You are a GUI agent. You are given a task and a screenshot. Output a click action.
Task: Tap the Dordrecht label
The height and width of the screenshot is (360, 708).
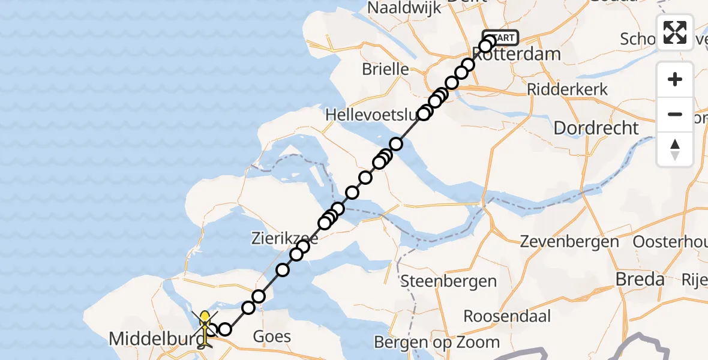coord(596,128)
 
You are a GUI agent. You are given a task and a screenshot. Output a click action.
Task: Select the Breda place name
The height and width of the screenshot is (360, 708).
coord(641,279)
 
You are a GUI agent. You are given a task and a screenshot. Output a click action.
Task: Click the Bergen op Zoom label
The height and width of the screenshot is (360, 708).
coord(437,342)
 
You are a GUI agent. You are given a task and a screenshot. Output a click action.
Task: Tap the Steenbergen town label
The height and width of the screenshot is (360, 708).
coord(448,280)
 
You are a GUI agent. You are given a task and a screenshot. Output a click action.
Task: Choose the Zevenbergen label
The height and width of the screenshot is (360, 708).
coord(569,242)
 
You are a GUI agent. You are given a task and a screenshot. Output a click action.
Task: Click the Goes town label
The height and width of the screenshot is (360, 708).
coord(272,336)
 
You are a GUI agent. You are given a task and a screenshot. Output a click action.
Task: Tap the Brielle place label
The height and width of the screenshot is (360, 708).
coord(385,69)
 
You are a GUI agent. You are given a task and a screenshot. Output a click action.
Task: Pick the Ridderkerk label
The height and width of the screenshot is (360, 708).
coord(567,89)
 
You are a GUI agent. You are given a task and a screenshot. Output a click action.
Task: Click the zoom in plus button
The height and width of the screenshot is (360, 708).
coord(675,80)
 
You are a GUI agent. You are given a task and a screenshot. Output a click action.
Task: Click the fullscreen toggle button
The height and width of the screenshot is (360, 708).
coord(675,32)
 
